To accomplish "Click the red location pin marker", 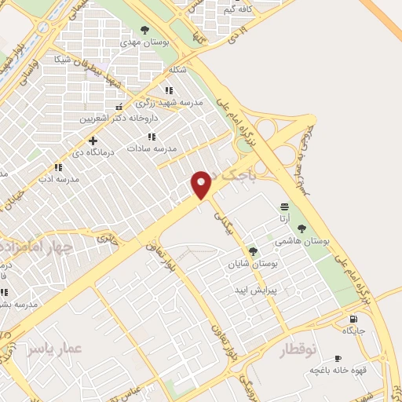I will [202, 184].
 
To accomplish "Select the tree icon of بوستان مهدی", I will [144, 30].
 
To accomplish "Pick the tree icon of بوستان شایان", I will [253, 251].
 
